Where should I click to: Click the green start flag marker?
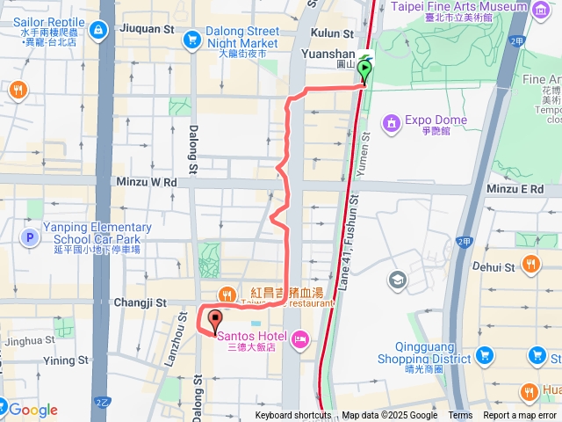pyautogui.click(x=364, y=69)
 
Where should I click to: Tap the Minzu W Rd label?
pyautogui.click(x=146, y=182)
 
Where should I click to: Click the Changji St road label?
pyautogui.click(x=140, y=302)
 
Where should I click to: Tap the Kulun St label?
pyautogui.click(x=333, y=34)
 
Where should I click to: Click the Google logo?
pyautogui.click(x=33, y=410)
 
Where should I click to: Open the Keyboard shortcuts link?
pyautogui.click(x=294, y=416)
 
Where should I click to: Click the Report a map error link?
pyautogui.click(x=520, y=416)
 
